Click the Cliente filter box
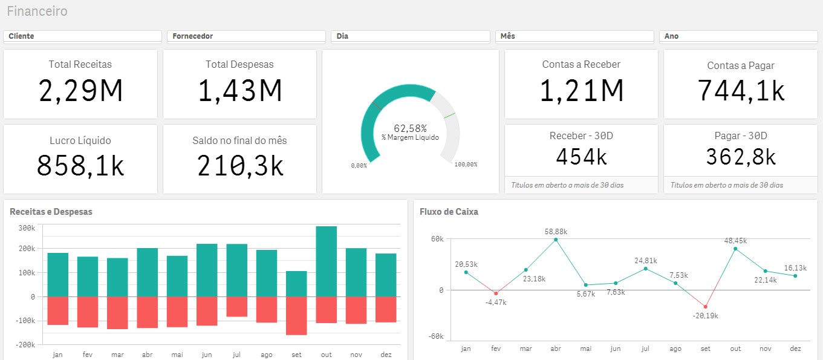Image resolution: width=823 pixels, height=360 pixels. tap(82, 36)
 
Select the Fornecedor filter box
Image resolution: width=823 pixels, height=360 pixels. tap(246, 36)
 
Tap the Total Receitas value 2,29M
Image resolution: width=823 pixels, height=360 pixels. tap(80, 91)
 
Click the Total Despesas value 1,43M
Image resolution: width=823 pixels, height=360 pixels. tap(239, 91)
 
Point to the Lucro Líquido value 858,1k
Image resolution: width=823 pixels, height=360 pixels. tap(80, 165)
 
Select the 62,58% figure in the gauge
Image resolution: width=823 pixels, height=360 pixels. tap(410, 128)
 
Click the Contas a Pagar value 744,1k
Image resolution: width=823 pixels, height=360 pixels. tap(741, 91)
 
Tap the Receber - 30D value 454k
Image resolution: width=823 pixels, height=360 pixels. tap(581, 157)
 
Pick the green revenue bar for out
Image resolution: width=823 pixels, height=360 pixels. tap(327, 261)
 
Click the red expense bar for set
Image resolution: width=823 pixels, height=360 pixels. tap(296, 315)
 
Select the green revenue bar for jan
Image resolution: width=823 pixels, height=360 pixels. tap(58, 275)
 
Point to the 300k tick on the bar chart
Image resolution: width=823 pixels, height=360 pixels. tap(27, 228)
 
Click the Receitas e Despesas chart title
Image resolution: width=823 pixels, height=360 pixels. tap(51, 212)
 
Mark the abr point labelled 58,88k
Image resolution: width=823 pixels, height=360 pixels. tap(556, 240)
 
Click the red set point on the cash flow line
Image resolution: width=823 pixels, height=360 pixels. tap(705, 307)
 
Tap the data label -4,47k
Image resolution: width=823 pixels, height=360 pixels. tap(496, 303)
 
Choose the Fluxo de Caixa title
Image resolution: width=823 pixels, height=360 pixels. tap(449, 212)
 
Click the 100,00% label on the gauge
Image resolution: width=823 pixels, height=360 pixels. tap(466, 165)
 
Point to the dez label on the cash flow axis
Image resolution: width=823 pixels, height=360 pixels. tap(795, 349)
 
